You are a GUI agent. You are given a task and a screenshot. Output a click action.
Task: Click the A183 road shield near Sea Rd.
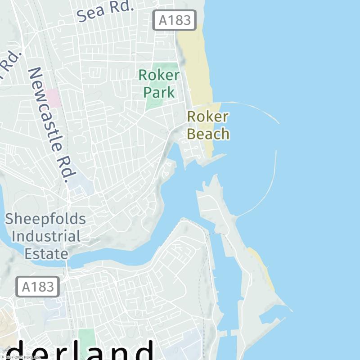coord(175,20)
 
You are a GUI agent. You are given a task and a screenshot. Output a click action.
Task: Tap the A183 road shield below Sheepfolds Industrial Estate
coord(38,287)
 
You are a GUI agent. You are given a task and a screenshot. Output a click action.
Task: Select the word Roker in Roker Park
coord(159,75)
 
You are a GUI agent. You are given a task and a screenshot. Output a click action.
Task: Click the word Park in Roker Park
coord(159,92)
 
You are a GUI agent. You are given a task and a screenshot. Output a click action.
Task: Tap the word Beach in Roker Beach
coord(208,134)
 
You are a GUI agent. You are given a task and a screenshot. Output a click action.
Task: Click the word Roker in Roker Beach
coord(207,117)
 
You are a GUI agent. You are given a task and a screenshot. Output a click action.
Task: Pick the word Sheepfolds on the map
coord(45,219)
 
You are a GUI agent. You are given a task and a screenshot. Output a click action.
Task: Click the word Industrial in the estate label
coord(46,236)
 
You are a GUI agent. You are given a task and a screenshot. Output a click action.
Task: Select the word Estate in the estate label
coord(46,253)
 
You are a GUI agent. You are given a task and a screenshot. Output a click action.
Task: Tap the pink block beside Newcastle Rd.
coord(53,98)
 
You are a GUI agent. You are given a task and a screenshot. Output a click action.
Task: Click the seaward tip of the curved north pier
coord(279,123)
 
